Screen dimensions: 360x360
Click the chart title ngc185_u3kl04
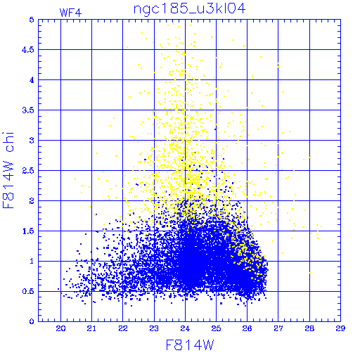189,9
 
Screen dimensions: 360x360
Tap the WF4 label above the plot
70,13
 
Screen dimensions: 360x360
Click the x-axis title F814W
190,345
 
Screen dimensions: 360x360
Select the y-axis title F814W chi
8,170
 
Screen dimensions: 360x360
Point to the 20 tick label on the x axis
60,328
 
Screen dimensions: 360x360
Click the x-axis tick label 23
154,328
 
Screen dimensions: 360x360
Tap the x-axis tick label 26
247,328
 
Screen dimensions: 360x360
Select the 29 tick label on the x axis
340,328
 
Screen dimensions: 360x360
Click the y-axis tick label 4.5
28,50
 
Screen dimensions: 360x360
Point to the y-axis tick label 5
32,20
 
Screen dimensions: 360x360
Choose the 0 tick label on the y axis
32,321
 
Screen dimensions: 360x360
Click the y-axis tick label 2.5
28,171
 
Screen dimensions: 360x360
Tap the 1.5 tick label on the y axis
28,231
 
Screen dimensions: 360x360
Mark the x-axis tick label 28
309,328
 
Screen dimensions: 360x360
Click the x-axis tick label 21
91,328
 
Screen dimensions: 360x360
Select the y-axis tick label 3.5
28,110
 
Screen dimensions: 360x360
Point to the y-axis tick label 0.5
28,291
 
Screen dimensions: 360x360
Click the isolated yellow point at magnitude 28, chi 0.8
310,273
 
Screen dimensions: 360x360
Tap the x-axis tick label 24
185,328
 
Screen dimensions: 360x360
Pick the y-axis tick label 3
32,141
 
